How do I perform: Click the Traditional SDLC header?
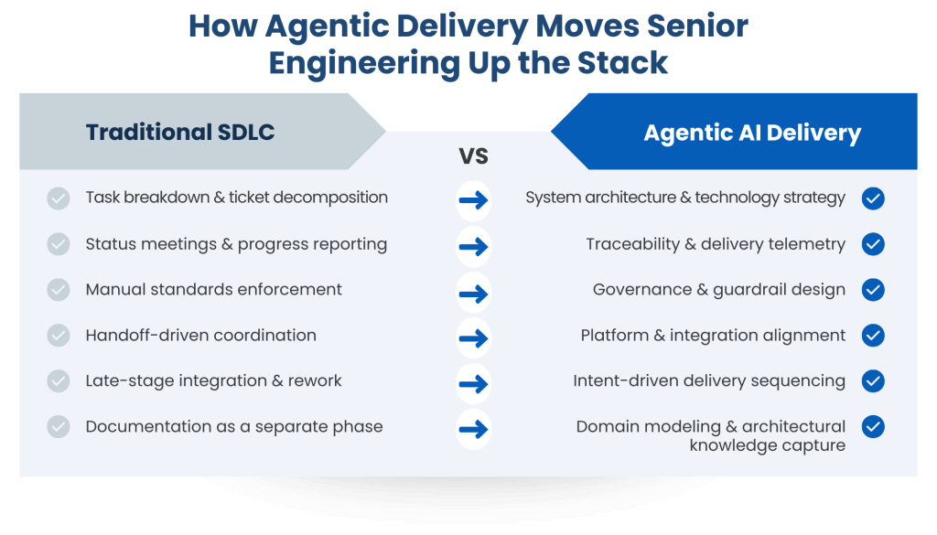pos(180,132)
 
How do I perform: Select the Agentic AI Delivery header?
pos(752,133)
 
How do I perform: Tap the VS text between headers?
pos(473,156)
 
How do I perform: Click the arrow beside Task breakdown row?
pos(473,200)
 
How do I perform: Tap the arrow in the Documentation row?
pos(473,429)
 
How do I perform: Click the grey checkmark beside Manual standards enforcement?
pos(59,290)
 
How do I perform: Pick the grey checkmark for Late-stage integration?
pos(59,380)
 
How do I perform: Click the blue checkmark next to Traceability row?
pos(873,244)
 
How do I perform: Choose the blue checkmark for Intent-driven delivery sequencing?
pos(873,380)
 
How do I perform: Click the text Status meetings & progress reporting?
pos(236,244)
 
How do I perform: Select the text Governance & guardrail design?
pos(718,290)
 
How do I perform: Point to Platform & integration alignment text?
pos(713,336)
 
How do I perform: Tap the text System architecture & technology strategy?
pos(684,198)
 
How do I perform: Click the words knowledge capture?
pos(767,445)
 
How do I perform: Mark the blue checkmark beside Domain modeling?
pos(873,426)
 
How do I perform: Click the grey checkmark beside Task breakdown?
pos(59,198)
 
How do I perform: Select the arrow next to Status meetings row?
pos(473,246)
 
